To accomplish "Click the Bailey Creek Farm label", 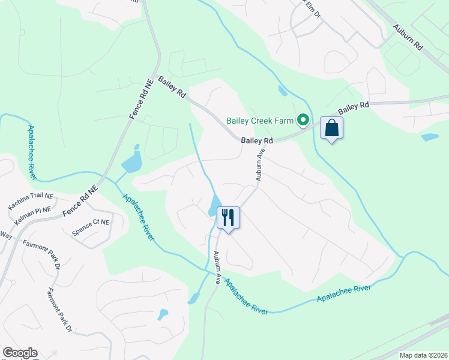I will tap(262, 120).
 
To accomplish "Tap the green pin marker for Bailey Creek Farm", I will tap(304, 121).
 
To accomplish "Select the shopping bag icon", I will tap(332, 128).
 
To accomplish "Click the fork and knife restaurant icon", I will tap(228, 217).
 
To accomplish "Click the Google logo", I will tap(20, 353).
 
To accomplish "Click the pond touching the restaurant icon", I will tap(214, 205).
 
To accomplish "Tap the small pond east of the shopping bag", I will tap(430, 137).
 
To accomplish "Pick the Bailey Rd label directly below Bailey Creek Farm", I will tap(257, 140).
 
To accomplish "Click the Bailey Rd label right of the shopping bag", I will tap(354, 108).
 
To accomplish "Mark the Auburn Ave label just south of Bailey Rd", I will tap(261, 165).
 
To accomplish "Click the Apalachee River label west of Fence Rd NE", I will tap(31, 150).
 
